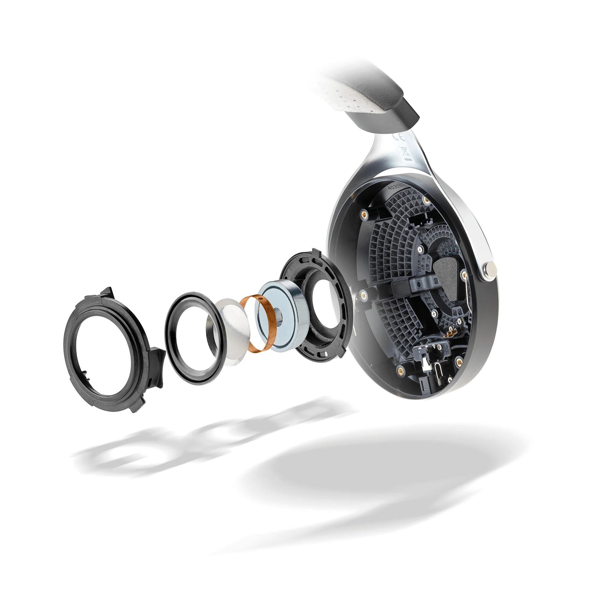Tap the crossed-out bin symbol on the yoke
404,151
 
